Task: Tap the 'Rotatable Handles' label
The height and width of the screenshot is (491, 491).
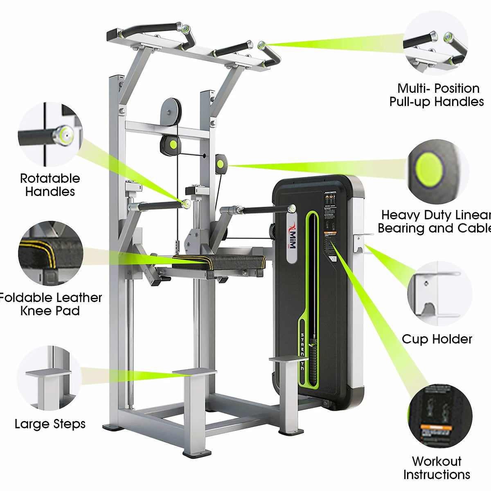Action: tap(50, 185)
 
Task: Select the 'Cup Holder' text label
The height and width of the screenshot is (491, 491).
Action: tap(437, 339)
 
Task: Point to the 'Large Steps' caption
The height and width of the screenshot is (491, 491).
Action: tap(50, 424)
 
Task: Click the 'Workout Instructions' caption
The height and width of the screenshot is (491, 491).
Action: tap(437, 468)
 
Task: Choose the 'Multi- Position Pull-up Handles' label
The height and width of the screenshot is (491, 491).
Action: tap(437, 95)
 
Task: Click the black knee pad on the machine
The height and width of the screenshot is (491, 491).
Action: tap(219, 261)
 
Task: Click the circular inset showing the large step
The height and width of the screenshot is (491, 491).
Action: tap(49, 378)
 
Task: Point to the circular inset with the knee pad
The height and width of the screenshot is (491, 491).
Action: tap(50, 254)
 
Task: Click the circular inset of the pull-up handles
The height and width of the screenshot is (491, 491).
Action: tap(435, 43)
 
